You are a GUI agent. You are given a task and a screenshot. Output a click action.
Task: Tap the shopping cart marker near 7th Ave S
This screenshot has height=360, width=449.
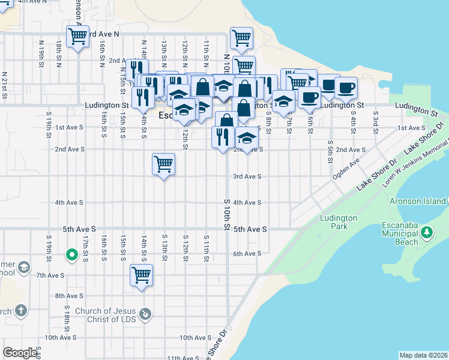point(142,275)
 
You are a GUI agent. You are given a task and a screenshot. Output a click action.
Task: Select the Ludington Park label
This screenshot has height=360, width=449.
point(339,222)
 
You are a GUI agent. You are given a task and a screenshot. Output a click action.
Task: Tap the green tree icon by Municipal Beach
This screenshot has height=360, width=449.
point(427,232)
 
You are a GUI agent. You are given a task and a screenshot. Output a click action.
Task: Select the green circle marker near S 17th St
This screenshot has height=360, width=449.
point(71,256)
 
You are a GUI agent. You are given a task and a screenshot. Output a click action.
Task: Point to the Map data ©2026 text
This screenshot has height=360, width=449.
point(423,355)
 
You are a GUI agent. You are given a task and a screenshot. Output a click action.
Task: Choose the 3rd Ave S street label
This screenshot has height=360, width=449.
point(247,176)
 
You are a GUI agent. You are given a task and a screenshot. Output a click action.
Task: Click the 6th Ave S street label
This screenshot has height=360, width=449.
point(247,254)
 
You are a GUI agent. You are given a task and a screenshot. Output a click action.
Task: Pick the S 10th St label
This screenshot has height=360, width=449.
point(228,214)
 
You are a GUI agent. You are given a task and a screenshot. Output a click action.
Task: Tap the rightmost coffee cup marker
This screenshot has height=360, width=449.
point(345,88)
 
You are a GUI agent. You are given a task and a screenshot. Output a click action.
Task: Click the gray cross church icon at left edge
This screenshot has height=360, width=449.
point(20,310)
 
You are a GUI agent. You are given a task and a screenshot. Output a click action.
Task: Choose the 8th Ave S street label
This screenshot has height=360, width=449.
point(68,296)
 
